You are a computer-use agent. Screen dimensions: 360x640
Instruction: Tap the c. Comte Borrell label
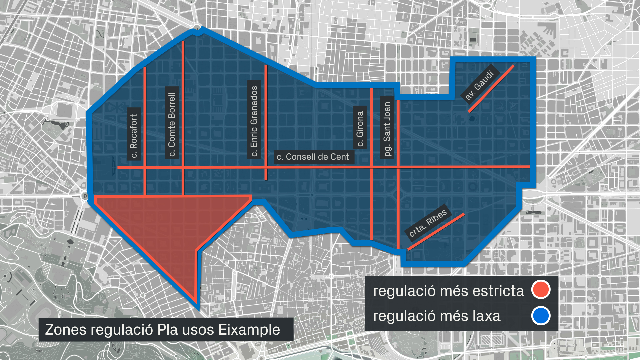click(172, 123)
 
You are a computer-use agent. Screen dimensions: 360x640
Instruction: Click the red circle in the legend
click(540, 290)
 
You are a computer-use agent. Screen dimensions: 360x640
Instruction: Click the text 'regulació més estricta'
click(448, 291)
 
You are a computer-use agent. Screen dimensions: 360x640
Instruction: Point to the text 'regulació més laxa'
click(437, 316)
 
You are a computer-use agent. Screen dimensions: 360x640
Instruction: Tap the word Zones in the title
click(65, 330)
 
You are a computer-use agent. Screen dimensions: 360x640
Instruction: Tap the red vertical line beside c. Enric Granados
click(266, 100)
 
